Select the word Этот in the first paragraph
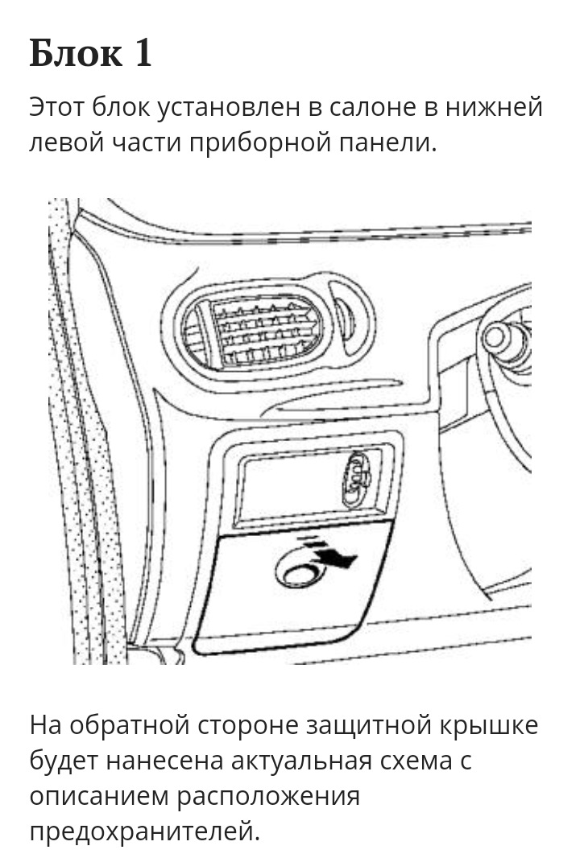pyautogui.click(x=58, y=107)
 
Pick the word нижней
pyautogui.click(x=501, y=107)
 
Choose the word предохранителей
pyautogui.click(x=145, y=831)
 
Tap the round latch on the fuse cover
pyautogui.click(x=298, y=574)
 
